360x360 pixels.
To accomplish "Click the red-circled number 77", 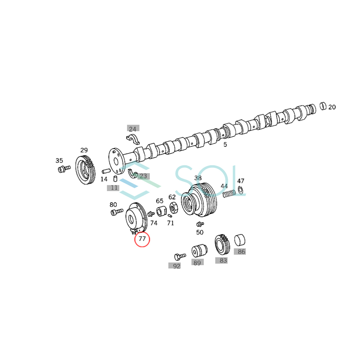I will (142, 239).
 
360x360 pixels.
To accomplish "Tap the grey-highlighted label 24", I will (133, 129).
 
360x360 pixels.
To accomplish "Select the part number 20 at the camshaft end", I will (332, 107).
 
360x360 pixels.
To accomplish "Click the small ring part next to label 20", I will (323, 106).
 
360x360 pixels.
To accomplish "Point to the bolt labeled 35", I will (64, 169).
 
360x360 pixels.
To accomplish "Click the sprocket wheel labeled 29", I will (85, 170).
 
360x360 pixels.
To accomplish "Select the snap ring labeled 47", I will (240, 190).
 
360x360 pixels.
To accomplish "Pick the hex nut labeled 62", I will (173, 207).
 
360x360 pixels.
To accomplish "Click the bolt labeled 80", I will (117, 212).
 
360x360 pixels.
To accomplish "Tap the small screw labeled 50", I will (200, 224).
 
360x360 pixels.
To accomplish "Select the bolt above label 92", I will (180, 256).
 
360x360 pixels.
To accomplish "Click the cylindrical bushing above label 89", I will (199, 250).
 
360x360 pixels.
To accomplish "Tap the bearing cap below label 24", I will (133, 139).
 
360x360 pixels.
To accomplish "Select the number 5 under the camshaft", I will (225, 145).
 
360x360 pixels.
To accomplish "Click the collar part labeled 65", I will (162, 211).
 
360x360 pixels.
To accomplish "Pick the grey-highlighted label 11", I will (113, 188).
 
